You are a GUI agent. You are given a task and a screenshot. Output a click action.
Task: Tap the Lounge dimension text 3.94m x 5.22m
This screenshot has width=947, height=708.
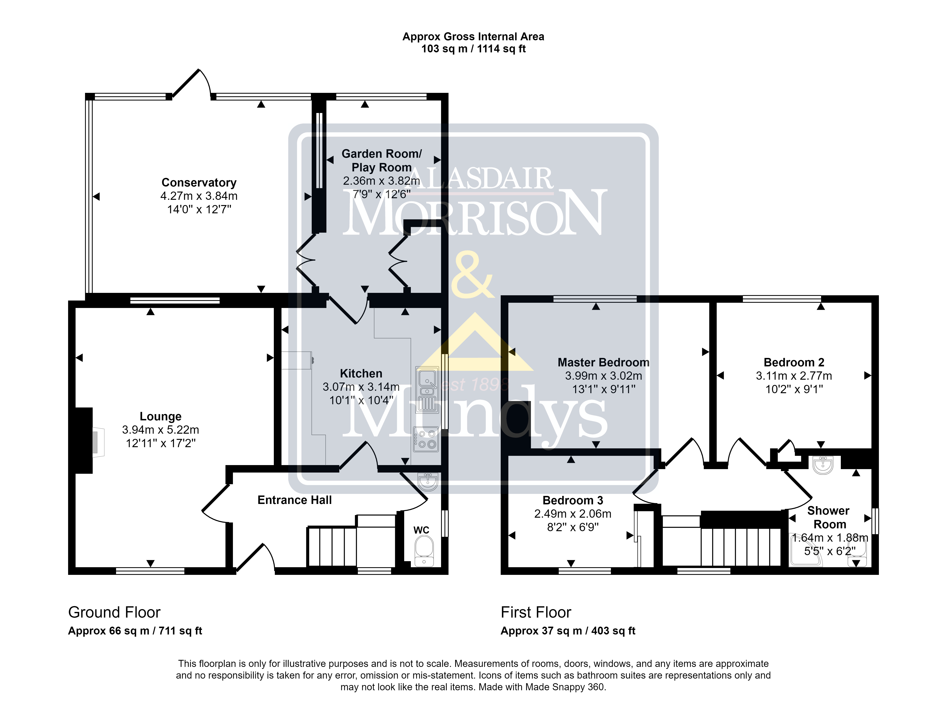[161, 430]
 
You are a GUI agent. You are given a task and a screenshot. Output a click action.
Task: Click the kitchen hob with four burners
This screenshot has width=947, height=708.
[426, 439]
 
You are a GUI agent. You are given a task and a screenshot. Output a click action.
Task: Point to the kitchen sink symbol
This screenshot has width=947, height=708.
[427, 390]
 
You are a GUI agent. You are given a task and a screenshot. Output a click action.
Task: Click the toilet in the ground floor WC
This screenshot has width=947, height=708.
[424, 551]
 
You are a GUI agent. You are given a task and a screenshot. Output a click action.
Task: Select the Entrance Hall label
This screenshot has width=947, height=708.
[295, 500]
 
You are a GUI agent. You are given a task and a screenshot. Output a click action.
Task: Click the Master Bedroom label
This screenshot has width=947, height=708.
[603, 363]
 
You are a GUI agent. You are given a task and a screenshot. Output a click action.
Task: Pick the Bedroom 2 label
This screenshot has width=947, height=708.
[794, 363]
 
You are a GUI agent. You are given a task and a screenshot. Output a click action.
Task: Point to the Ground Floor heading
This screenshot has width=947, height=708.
[114, 613]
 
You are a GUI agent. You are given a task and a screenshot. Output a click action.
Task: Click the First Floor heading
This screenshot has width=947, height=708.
[536, 613]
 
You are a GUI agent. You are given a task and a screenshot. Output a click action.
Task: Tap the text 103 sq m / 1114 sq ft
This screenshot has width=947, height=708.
[473, 49]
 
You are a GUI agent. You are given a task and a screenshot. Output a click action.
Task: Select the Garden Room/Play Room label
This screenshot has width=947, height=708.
[381, 161]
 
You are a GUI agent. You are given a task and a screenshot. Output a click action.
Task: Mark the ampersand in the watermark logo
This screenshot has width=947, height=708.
[472, 275]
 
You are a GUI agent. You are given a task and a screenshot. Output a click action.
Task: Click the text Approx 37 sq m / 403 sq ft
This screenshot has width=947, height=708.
[568, 631]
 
